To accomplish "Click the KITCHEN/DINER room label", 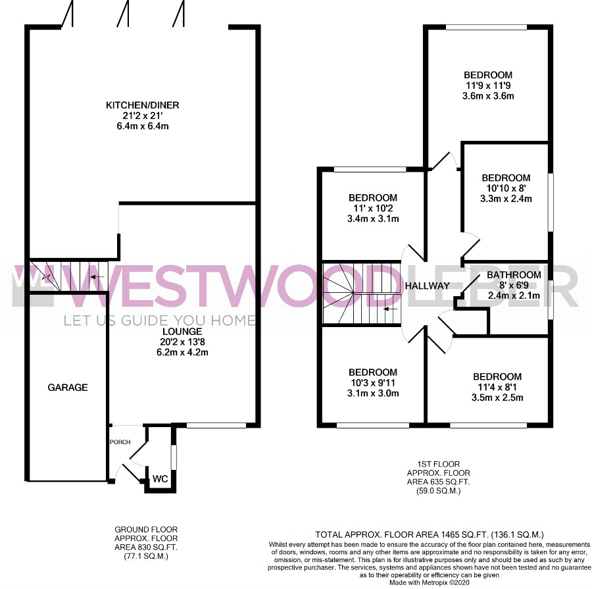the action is click(x=142, y=105).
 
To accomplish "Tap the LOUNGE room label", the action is click(x=182, y=331).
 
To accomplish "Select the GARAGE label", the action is click(x=68, y=387).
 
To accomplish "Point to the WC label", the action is click(x=160, y=479).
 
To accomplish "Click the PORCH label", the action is click(x=120, y=442).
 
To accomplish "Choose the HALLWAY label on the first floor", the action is click(x=428, y=286).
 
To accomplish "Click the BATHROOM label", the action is click(x=514, y=274).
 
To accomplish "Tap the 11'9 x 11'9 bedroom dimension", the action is click(x=488, y=86).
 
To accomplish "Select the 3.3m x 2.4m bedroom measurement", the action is click(x=506, y=198).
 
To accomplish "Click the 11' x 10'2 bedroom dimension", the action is click(x=373, y=208).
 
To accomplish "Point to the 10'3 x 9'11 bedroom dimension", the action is click(x=373, y=383).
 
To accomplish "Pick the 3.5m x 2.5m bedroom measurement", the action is click(x=497, y=397).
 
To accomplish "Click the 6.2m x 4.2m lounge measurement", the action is click(x=182, y=352).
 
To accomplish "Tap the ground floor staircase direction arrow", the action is click(x=97, y=277).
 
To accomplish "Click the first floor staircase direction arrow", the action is click(x=391, y=309).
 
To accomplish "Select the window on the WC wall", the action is click(x=174, y=457).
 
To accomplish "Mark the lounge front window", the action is click(x=216, y=425).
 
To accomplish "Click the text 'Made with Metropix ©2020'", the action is click(x=430, y=582).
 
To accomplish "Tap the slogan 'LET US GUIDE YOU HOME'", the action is click(x=160, y=320).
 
